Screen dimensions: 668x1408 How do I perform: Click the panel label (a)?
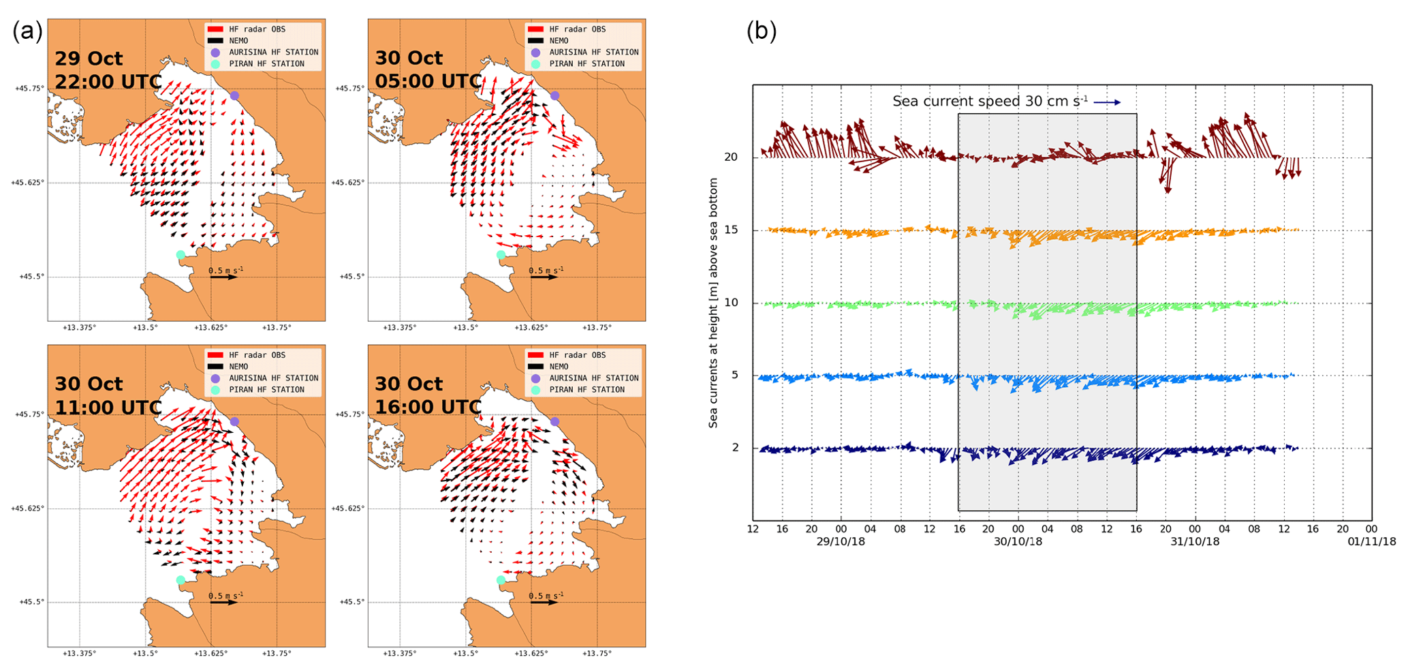click(x=27, y=31)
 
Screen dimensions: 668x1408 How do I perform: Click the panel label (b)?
click(x=762, y=31)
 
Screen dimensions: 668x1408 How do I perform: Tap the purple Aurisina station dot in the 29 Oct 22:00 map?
click(x=234, y=95)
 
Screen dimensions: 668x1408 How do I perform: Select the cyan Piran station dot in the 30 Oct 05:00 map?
click(x=501, y=255)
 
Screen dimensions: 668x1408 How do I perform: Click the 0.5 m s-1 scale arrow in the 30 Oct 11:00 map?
click(x=223, y=603)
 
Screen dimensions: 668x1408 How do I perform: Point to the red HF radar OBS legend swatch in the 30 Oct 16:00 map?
click(x=535, y=355)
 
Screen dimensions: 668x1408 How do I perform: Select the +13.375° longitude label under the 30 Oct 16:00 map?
click(x=400, y=653)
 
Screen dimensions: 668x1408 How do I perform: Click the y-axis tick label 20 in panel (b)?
click(x=731, y=157)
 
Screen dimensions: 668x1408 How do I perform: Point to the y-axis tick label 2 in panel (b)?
click(x=734, y=448)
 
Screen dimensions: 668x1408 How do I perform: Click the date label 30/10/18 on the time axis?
click(x=1018, y=542)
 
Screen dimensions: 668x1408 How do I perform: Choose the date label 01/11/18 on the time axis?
click(x=1371, y=542)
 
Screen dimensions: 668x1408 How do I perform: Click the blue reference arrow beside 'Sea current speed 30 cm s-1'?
click(x=1108, y=102)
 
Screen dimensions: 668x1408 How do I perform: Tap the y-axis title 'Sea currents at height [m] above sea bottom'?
click(x=713, y=303)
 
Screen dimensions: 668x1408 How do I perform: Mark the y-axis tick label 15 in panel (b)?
click(x=731, y=230)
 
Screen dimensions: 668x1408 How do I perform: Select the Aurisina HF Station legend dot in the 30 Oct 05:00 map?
click(x=535, y=52)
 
